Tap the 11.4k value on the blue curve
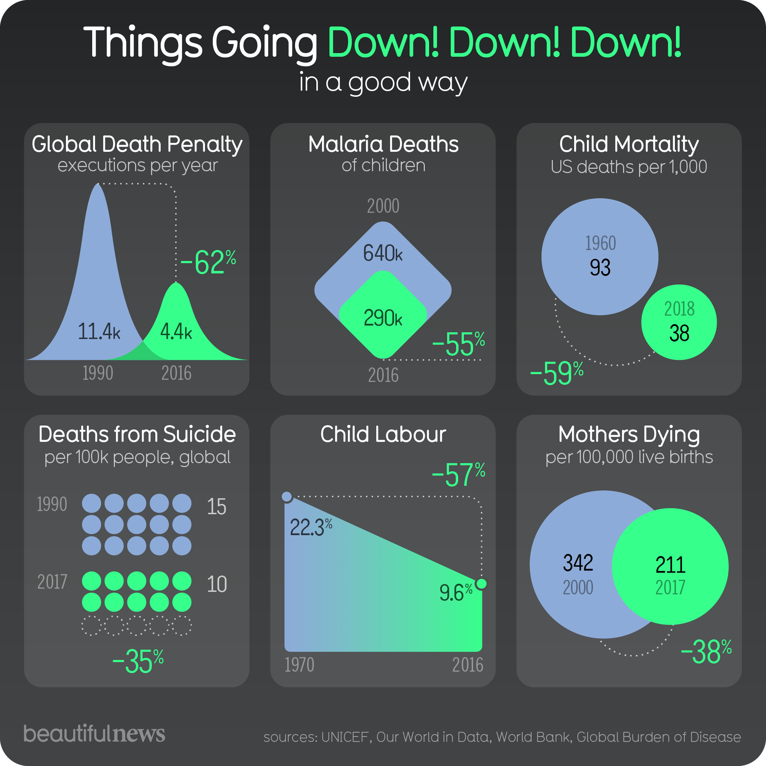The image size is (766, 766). click(x=99, y=332)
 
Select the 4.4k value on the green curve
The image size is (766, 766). click(x=176, y=332)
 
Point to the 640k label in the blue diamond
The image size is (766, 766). click(x=383, y=253)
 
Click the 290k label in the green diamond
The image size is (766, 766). click(x=383, y=318)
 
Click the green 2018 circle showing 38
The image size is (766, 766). click(x=679, y=322)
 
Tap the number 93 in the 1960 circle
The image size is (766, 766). click(x=600, y=268)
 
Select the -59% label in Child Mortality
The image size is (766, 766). click(x=556, y=373)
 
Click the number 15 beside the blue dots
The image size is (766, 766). click(x=216, y=507)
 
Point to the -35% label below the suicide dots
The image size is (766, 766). click(x=138, y=661)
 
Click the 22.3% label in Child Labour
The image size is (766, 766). click(x=310, y=527)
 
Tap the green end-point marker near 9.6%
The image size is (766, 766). click(x=481, y=584)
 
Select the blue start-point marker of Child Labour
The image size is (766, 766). click(x=287, y=496)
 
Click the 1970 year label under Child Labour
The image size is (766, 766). click(x=299, y=665)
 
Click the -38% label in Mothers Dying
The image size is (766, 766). click(x=706, y=652)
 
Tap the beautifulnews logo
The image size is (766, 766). click(x=94, y=734)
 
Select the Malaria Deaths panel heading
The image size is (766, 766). click(x=383, y=144)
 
